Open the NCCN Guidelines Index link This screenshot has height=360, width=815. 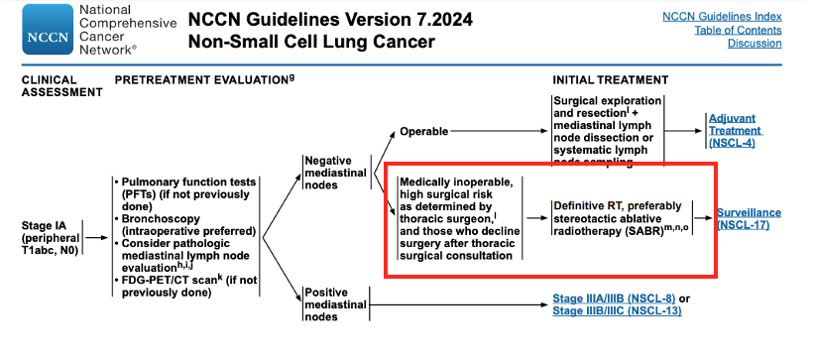(721, 17)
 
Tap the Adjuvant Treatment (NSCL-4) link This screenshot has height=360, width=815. (735, 130)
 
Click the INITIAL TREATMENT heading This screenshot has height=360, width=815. (612, 78)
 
